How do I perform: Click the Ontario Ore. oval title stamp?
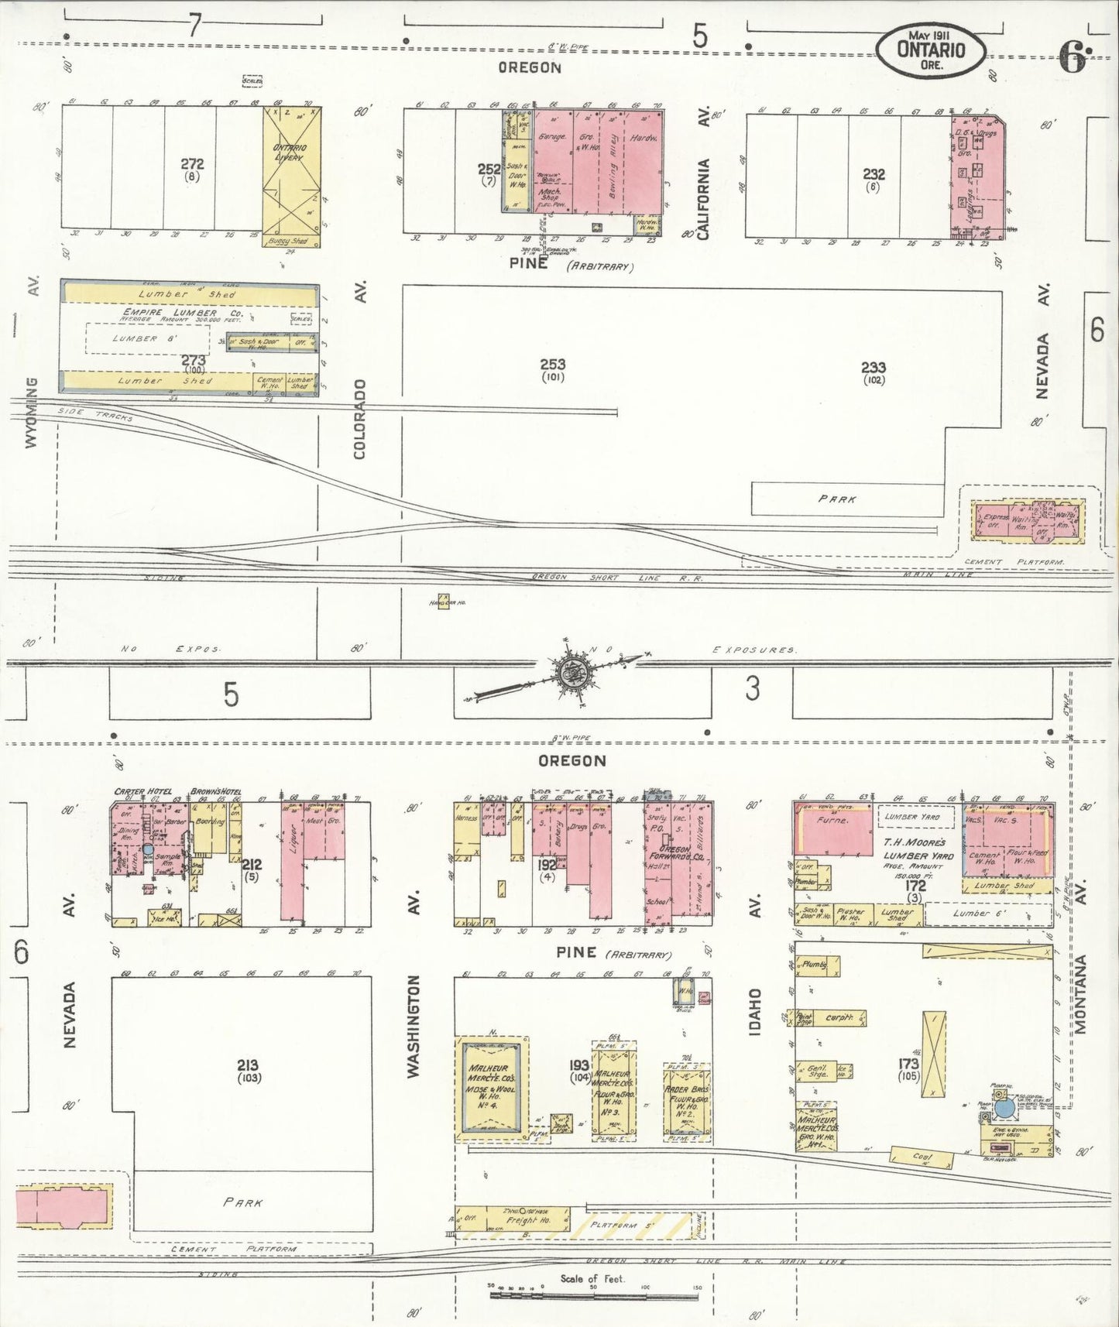tap(931, 50)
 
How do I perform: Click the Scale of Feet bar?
tap(594, 1294)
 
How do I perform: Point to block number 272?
tap(192, 164)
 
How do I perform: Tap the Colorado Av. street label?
tap(360, 418)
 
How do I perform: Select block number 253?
tap(553, 364)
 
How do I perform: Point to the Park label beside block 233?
tap(837, 499)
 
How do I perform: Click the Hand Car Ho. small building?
tap(443, 601)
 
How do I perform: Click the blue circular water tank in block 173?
tap(1004, 1108)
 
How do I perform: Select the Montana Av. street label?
tap(1081, 995)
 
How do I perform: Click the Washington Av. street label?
tap(413, 1026)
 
